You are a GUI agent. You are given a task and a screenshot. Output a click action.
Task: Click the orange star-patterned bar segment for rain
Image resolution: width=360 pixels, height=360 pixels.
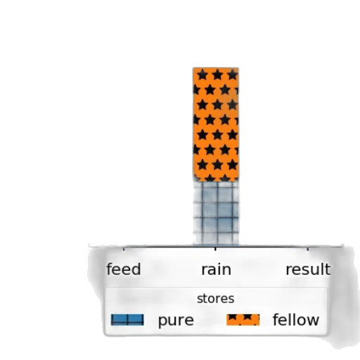click(216, 124)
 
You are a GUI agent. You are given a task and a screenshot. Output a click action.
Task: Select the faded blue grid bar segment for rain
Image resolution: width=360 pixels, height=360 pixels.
click(216, 213)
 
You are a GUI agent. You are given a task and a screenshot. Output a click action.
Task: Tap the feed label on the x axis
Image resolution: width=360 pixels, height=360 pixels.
click(124, 269)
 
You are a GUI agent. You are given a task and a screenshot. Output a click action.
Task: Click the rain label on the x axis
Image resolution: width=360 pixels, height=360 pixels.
click(216, 269)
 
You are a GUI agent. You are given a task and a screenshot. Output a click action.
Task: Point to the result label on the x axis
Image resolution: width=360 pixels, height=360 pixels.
click(308, 269)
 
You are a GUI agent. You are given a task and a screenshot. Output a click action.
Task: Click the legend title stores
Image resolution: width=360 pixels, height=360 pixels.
click(216, 299)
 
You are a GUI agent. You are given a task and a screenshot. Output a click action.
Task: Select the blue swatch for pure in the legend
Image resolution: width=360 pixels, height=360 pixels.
click(127, 320)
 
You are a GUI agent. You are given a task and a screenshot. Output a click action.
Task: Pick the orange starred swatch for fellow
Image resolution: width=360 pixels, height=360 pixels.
click(243, 320)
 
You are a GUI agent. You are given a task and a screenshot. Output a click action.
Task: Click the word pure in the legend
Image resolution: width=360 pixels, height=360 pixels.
click(176, 321)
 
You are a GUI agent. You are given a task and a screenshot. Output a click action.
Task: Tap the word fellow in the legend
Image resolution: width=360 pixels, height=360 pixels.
click(296, 319)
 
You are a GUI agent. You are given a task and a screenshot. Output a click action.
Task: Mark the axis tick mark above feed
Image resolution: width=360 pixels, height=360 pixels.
click(124, 248)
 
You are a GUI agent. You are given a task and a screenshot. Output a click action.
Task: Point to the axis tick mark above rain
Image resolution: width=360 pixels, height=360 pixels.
click(215, 248)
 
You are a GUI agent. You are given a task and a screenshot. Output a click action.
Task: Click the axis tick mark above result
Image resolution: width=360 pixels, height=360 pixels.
click(308, 248)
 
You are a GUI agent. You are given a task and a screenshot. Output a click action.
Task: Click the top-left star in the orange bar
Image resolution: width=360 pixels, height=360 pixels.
click(202, 75)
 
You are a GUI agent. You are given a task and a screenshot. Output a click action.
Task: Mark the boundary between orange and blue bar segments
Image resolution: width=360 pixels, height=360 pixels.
click(216, 181)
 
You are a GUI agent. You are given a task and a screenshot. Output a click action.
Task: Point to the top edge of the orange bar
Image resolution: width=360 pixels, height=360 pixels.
click(216, 67)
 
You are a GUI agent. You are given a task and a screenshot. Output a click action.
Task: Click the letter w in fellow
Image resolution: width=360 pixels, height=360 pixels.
click(311, 321)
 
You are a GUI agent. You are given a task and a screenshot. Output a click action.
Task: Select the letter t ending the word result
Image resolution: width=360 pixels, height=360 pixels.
click(328, 269)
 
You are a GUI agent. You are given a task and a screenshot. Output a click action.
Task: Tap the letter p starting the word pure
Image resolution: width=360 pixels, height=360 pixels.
click(162, 322)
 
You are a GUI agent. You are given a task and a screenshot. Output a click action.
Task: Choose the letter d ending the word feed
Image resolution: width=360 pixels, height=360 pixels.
click(136, 269)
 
